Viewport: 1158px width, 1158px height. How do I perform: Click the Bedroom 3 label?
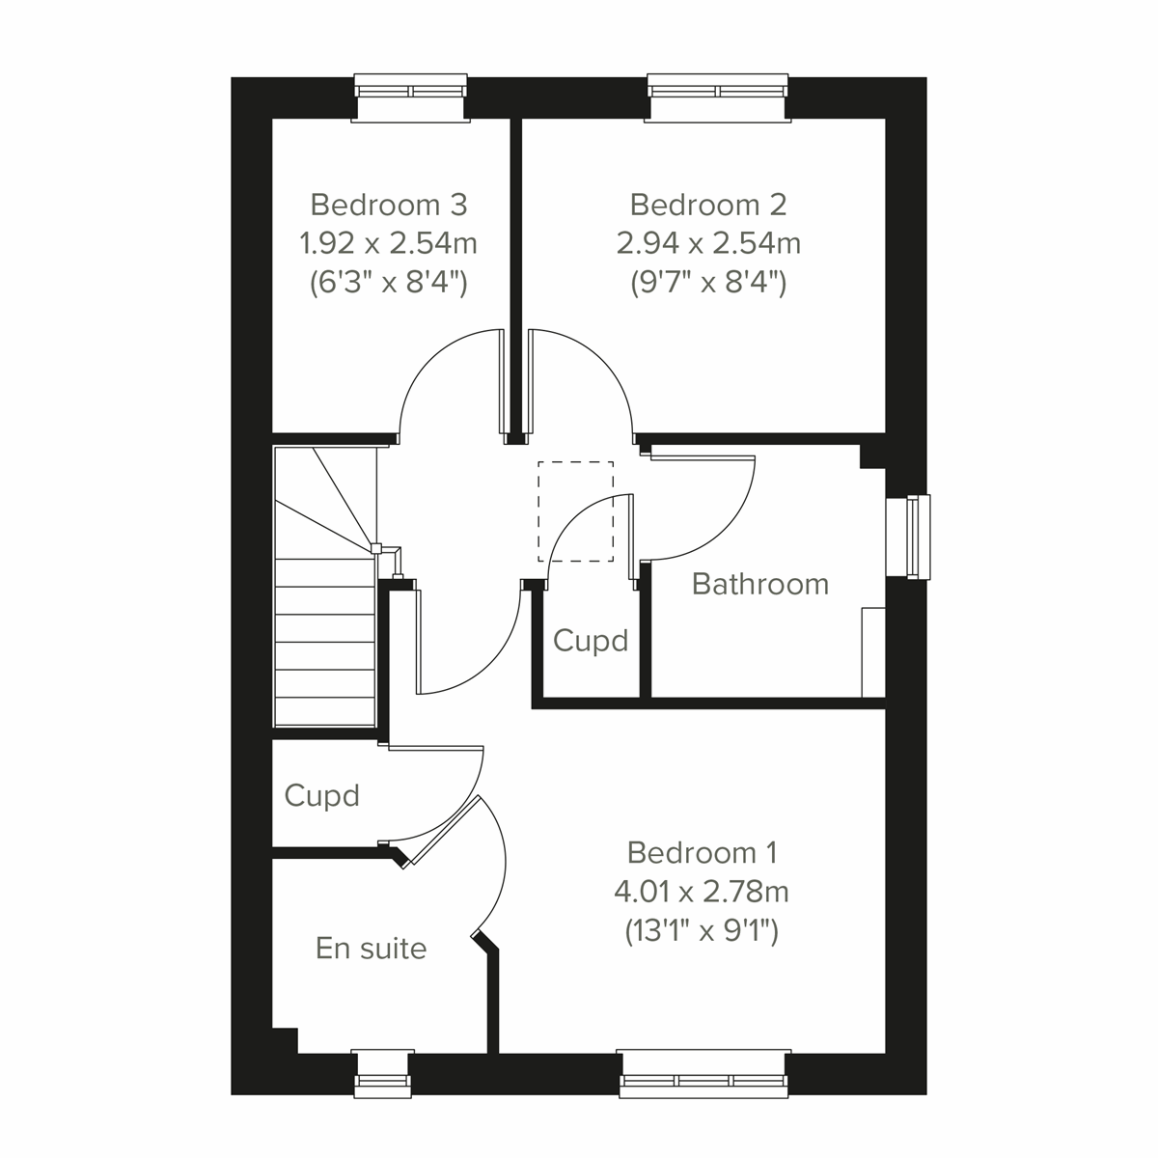point(389,205)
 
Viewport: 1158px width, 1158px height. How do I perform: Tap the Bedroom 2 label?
point(708,205)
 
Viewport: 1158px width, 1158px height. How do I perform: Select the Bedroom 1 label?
point(702,852)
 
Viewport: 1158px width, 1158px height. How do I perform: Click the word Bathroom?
point(760,584)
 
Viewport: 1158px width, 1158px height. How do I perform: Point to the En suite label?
point(371,949)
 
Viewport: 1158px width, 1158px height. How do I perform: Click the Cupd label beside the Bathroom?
point(591,641)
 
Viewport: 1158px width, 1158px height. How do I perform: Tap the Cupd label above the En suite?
point(321,795)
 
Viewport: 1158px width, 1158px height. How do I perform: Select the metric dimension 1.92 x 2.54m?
point(389,243)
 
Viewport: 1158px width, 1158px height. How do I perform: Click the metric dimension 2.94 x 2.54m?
point(708,243)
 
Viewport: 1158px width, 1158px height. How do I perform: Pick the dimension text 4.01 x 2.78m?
point(702,891)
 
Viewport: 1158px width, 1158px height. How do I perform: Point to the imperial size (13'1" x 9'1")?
point(702,931)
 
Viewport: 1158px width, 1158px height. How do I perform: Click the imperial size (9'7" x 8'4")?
point(708,283)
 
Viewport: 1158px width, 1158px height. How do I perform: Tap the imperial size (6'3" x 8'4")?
point(389,283)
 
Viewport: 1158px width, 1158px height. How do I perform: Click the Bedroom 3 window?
point(411,97)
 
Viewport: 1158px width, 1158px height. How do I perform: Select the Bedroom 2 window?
point(718,97)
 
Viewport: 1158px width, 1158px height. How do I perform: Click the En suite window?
point(381,1073)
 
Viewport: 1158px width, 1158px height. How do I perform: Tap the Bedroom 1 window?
point(704,1073)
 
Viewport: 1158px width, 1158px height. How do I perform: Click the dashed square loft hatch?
point(576,510)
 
